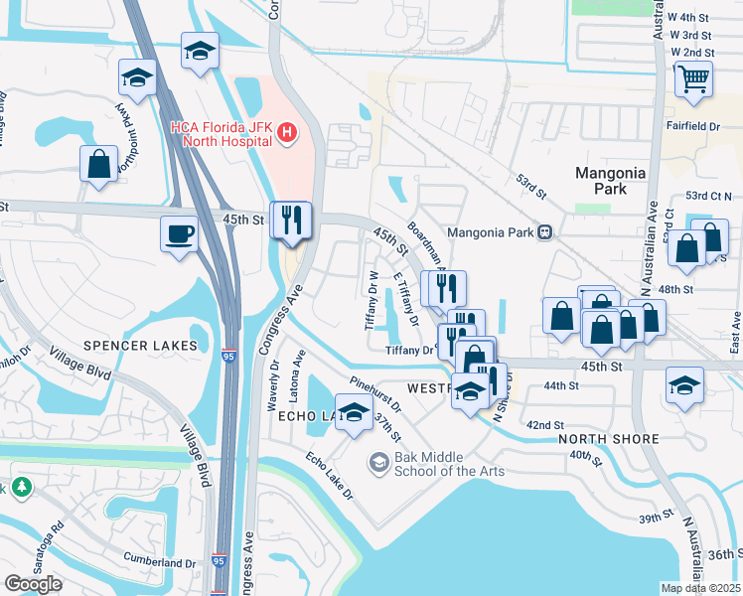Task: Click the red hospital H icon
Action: click(x=286, y=132)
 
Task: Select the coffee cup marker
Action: click(x=179, y=235)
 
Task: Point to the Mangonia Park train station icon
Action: click(x=544, y=232)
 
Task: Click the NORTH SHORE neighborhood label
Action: click(x=609, y=438)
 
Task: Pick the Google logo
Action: click(x=33, y=584)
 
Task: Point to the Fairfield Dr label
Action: click(x=694, y=126)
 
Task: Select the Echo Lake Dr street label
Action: click(x=329, y=475)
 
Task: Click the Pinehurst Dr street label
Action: click(x=375, y=391)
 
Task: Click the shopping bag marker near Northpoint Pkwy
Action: click(x=98, y=164)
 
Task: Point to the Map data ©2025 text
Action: click(x=700, y=588)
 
